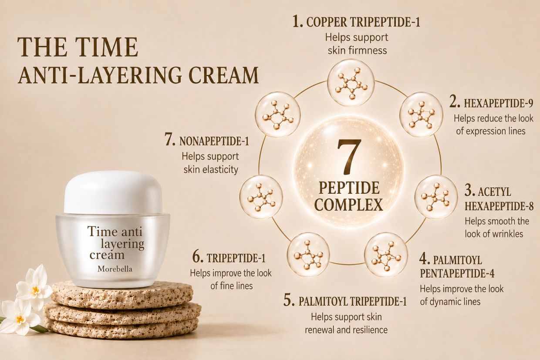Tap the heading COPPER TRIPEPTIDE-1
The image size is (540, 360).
coord(363,22)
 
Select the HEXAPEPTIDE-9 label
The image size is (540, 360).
coord(499,103)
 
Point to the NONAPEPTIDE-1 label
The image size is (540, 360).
coord(214,141)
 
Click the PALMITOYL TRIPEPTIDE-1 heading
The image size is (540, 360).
coord(352,301)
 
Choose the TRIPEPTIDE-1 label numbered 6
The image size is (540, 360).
coord(236,258)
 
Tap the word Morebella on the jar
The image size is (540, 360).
coord(115,269)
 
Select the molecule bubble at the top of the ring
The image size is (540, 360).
coord(351,83)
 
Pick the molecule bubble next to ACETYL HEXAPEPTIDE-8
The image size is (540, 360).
coord(436,197)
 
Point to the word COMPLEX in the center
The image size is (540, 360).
coord(349,205)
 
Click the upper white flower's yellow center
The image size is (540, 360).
coord(35,289)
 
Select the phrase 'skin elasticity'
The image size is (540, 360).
coord(211,169)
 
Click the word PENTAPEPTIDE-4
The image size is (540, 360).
coord(457,273)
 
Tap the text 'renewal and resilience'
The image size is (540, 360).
coord(346,330)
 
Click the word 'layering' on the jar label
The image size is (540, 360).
coord(122,245)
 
